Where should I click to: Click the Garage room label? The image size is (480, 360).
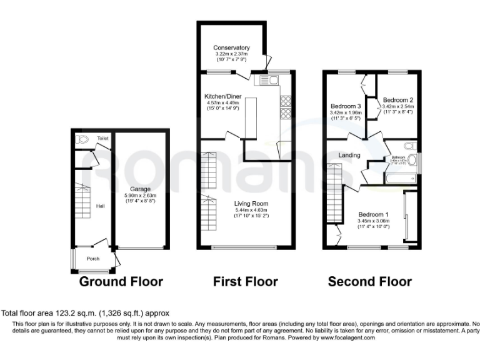pos(141,188)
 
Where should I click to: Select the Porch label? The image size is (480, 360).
pos(92,259)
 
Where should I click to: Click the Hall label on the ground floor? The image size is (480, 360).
pos(100,204)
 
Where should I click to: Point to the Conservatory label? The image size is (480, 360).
pos(231,47)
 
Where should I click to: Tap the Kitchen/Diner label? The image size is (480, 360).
pos(223,97)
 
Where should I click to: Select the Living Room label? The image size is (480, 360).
pos(251,203)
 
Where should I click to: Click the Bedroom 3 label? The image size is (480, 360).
pos(346,106)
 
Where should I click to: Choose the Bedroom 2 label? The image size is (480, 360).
pos(398,100)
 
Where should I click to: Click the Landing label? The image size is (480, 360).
pos(348,155)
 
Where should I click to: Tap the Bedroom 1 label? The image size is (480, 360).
pos(372,214)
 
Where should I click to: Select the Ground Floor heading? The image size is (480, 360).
pos(121,282)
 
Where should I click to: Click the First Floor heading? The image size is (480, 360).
pos(246,282)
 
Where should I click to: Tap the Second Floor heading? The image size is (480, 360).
pos(370,282)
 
